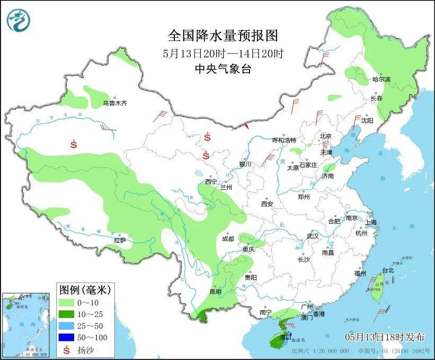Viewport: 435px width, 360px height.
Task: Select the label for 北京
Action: pos(325,136)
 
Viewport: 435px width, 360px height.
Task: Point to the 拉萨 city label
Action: pos(120,240)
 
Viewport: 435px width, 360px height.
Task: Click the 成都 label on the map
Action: pos(228,239)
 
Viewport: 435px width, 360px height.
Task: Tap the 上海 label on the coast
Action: pos(371,222)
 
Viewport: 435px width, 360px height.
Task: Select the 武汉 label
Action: pos(313,236)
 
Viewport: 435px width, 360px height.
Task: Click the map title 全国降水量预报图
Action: pos(223,36)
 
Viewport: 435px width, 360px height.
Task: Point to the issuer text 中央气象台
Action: pos(223,68)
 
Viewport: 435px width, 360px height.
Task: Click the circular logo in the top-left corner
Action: pos(19,20)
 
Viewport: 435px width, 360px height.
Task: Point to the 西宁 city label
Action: pos(211,182)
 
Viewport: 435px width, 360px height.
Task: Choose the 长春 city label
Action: pos(376,99)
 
